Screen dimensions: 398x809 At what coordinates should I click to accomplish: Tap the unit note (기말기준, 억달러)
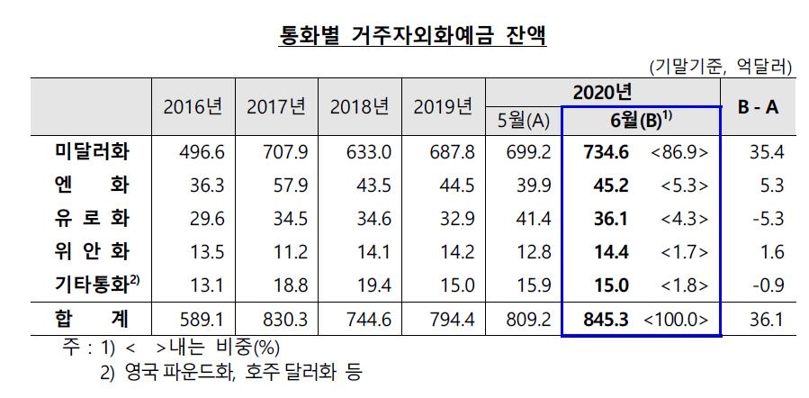pos(720,66)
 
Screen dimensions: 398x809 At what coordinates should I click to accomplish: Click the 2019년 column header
pos(443,106)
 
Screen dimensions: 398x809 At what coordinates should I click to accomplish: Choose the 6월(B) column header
pos(641,121)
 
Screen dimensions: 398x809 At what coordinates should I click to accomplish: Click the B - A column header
pos(758,106)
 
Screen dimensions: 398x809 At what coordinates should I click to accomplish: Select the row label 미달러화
pos(92,151)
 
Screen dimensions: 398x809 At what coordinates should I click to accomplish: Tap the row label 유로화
pos(92,219)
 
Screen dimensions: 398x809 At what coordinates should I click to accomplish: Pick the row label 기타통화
pos(92,285)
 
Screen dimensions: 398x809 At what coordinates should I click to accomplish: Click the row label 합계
pos(92,319)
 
